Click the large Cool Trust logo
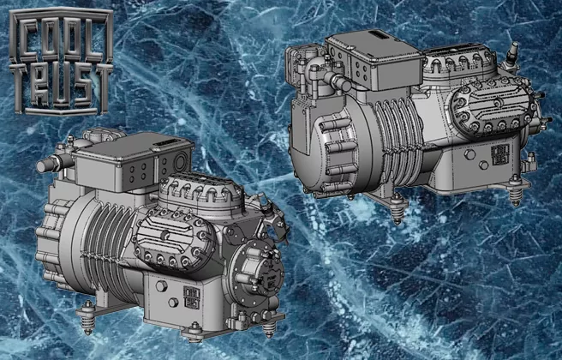61,61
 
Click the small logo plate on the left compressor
191,297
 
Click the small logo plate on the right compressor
499,154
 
